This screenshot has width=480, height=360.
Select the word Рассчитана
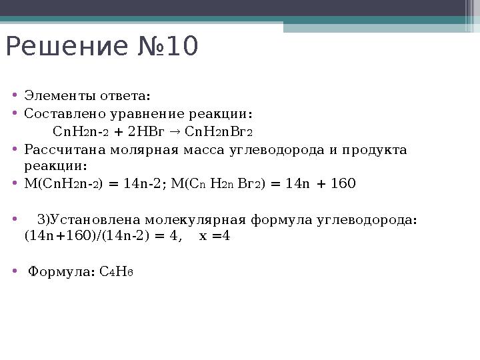tap(62, 149)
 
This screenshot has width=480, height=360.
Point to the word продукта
tap(374, 149)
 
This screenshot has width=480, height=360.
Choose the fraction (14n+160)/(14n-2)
tap(93, 235)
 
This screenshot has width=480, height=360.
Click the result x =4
tap(215, 235)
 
